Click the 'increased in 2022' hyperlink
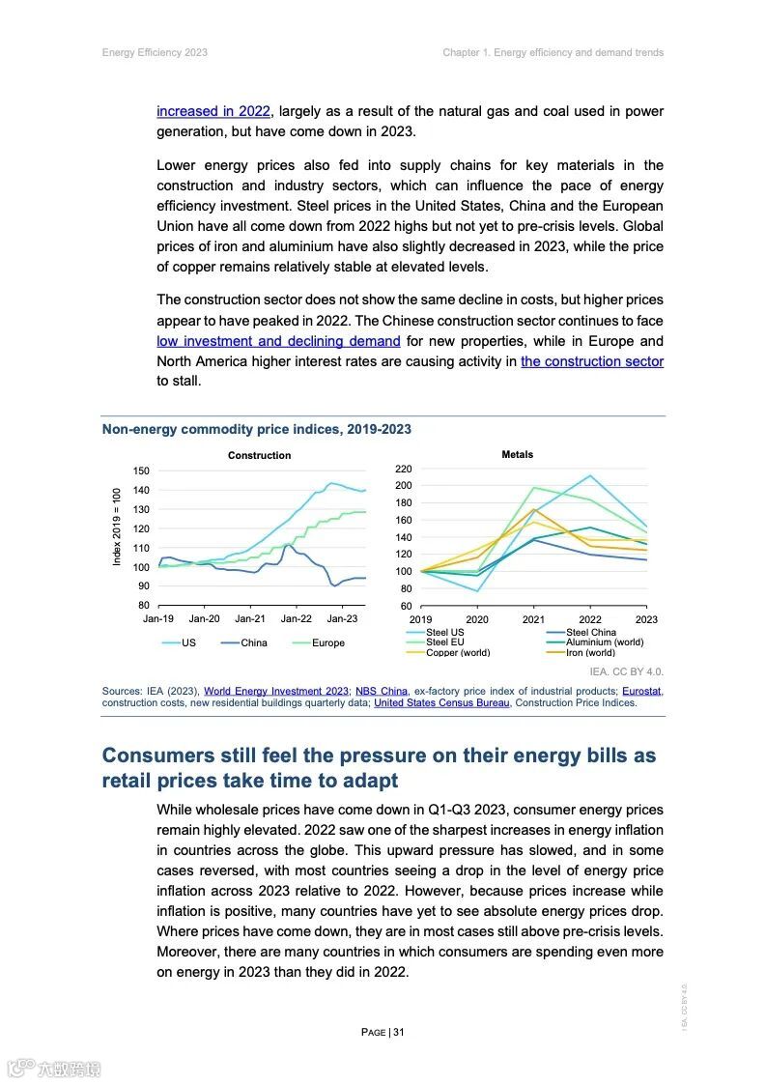[213, 111]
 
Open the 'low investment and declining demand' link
[278, 341]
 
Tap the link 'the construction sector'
[591, 361]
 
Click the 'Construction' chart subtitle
[259, 455]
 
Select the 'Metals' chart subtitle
[517, 454]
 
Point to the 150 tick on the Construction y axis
[141, 471]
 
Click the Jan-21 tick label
[250, 618]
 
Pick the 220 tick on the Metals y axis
[404, 469]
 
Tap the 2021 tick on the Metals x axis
[533, 619]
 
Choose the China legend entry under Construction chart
[253, 642]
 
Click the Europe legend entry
[327, 642]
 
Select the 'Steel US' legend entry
[444, 633]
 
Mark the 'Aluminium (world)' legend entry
[604, 642]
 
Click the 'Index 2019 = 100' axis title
[117, 527]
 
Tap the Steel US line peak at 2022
[589, 475]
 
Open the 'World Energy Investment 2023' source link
[275, 691]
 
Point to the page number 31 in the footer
[398, 1032]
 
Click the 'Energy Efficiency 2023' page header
[155, 52]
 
